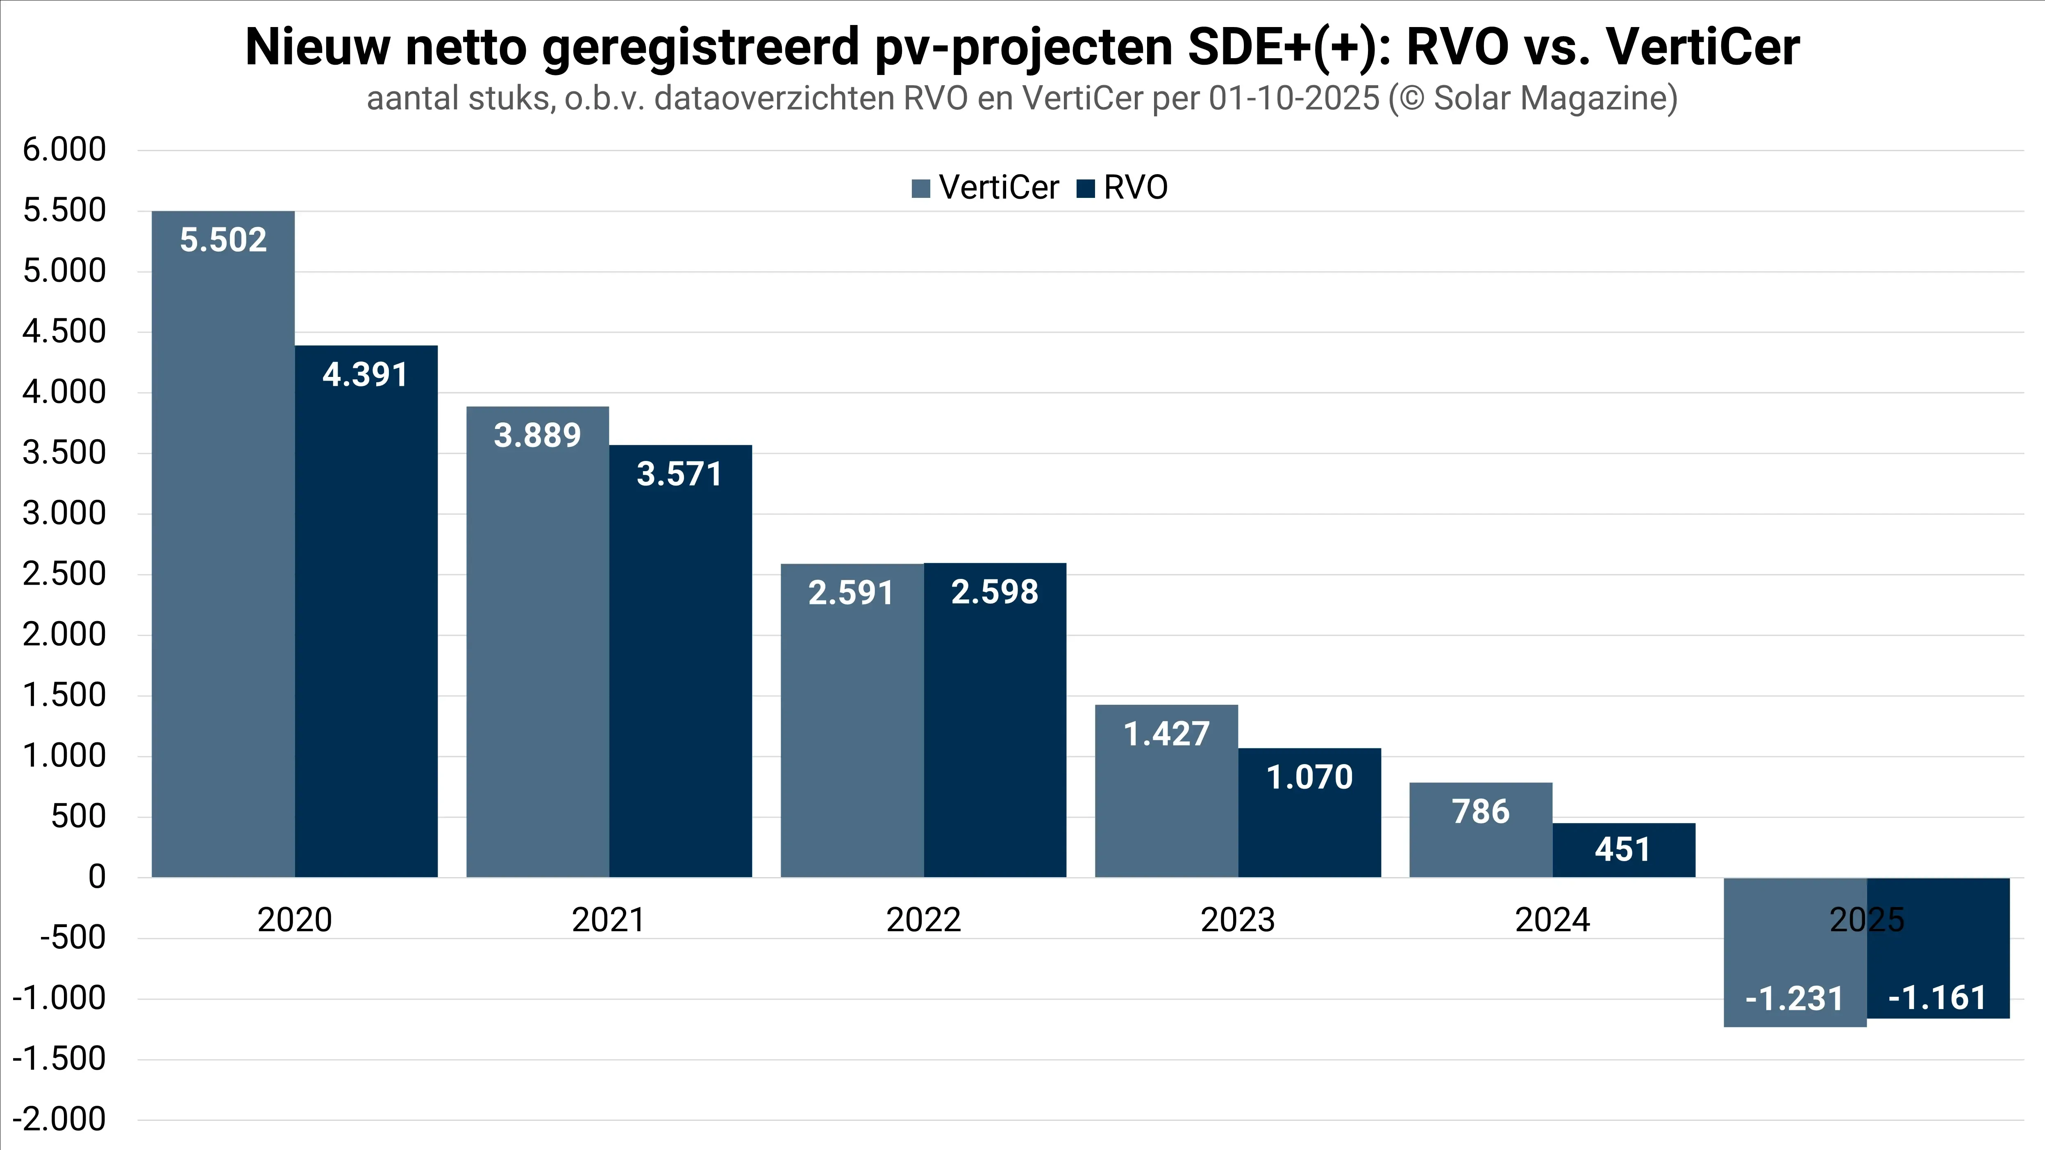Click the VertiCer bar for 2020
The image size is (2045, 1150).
tap(223, 556)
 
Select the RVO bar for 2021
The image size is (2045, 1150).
tap(680, 675)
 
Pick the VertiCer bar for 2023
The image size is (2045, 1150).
tap(1166, 802)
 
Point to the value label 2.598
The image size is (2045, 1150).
tap(995, 592)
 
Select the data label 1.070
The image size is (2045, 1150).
tap(1309, 777)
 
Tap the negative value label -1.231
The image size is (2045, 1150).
tap(1794, 998)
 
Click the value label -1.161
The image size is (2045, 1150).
tap(1937, 998)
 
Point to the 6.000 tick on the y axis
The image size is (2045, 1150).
tap(64, 149)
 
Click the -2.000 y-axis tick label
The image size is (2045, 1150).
tap(59, 1119)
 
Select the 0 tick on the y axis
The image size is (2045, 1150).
tap(97, 877)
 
